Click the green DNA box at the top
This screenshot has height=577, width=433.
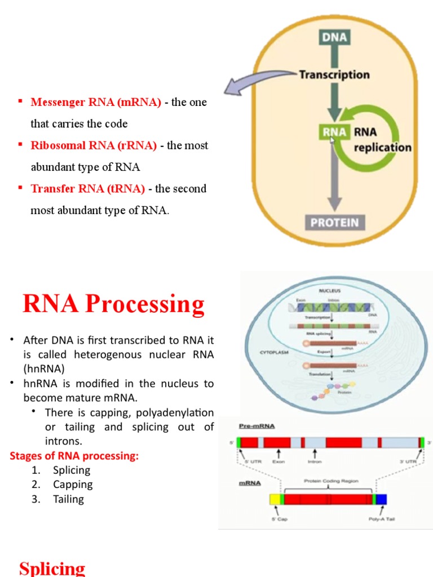(x=334, y=38)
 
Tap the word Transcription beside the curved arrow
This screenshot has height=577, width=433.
(x=334, y=74)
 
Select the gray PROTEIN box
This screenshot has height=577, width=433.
(x=334, y=222)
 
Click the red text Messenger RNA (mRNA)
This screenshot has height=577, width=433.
(x=96, y=103)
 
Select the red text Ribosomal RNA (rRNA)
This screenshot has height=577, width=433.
(x=94, y=145)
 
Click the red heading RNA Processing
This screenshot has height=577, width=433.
(x=113, y=304)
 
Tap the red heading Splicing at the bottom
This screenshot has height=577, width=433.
(x=52, y=567)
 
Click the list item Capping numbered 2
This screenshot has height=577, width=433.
(x=73, y=485)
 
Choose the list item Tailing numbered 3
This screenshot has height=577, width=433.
(x=68, y=499)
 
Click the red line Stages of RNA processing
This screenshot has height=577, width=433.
(x=74, y=456)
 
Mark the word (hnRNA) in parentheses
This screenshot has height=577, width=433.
(x=44, y=369)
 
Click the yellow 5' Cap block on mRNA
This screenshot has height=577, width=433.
(x=275, y=499)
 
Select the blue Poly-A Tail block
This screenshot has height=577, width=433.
(x=382, y=499)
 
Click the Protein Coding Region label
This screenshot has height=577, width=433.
(x=331, y=481)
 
